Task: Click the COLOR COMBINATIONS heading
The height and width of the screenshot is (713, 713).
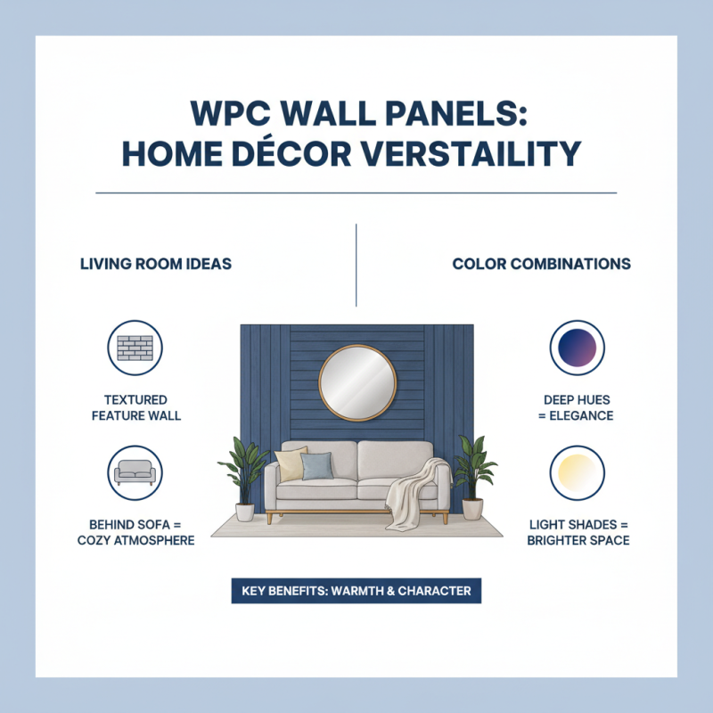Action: [x=541, y=265]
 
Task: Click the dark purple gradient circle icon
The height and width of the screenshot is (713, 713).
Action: [x=577, y=348]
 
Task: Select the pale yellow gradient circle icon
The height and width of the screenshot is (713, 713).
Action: [x=577, y=473]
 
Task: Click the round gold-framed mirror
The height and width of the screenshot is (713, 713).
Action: [x=356, y=382]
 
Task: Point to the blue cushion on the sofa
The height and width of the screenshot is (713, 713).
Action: [x=316, y=465]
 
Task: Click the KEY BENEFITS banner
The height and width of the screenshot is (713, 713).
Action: [x=356, y=591]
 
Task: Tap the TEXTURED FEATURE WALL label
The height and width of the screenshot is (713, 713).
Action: [x=135, y=408]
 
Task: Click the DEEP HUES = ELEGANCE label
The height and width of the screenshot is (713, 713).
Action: [x=578, y=408]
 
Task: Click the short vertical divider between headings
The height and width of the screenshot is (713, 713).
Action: [x=356, y=265]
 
